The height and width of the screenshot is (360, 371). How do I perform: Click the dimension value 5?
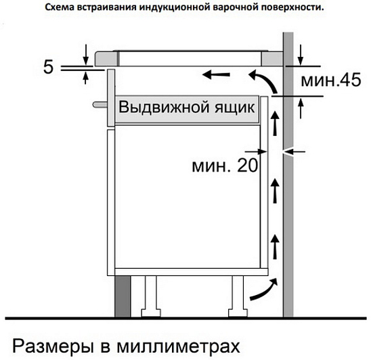click(49, 67)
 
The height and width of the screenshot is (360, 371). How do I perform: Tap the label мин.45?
click(331, 80)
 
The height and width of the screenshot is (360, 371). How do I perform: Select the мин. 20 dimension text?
click(225, 165)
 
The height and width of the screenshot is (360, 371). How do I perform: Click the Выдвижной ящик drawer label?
click(186, 107)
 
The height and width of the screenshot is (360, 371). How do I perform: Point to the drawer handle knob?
click(100, 104)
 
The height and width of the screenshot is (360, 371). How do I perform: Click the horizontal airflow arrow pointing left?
click(216, 74)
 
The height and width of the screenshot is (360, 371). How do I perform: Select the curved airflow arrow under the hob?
click(263, 81)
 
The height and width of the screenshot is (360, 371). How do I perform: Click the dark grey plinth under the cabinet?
click(123, 296)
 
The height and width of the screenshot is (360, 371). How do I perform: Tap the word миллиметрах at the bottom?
click(178, 346)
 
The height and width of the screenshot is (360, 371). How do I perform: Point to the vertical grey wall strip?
click(288, 175)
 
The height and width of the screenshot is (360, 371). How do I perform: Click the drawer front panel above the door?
click(111, 98)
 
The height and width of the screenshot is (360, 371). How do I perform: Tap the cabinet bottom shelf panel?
click(191, 272)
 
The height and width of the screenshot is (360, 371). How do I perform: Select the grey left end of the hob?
click(106, 58)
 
